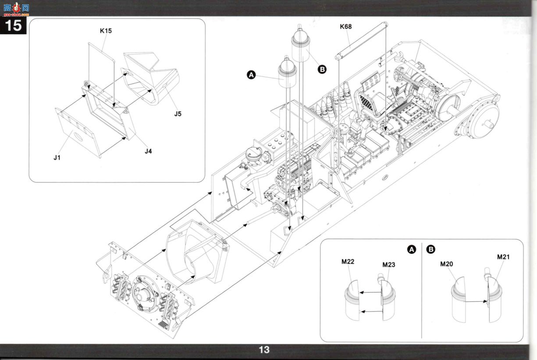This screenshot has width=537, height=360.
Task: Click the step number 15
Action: coord(13,25)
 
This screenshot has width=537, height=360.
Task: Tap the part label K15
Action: coord(106,31)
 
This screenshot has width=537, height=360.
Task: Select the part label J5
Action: coord(178,114)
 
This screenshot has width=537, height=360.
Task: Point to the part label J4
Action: coord(148,151)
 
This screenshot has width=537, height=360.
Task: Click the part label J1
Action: coord(57,157)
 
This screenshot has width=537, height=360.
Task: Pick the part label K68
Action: coord(346,26)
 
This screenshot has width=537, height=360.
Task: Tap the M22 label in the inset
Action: coord(348,262)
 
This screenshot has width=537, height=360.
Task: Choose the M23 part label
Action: coord(388,265)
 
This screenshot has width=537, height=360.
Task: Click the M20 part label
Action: coord(446,264)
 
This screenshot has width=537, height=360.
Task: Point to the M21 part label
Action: coord(503,257)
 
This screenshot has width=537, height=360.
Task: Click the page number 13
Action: coord(264,350)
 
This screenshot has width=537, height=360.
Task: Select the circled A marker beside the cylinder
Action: coord(251,75)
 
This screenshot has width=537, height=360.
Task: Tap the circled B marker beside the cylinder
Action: coord(322,70)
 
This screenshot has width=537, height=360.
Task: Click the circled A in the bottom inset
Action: coord(412,250)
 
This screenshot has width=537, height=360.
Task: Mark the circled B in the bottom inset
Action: coord(431,250)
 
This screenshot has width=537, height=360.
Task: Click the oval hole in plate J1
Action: coord(78,137)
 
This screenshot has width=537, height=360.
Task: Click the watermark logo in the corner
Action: coord(16,9)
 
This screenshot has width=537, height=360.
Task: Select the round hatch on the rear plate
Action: coord(145,294)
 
